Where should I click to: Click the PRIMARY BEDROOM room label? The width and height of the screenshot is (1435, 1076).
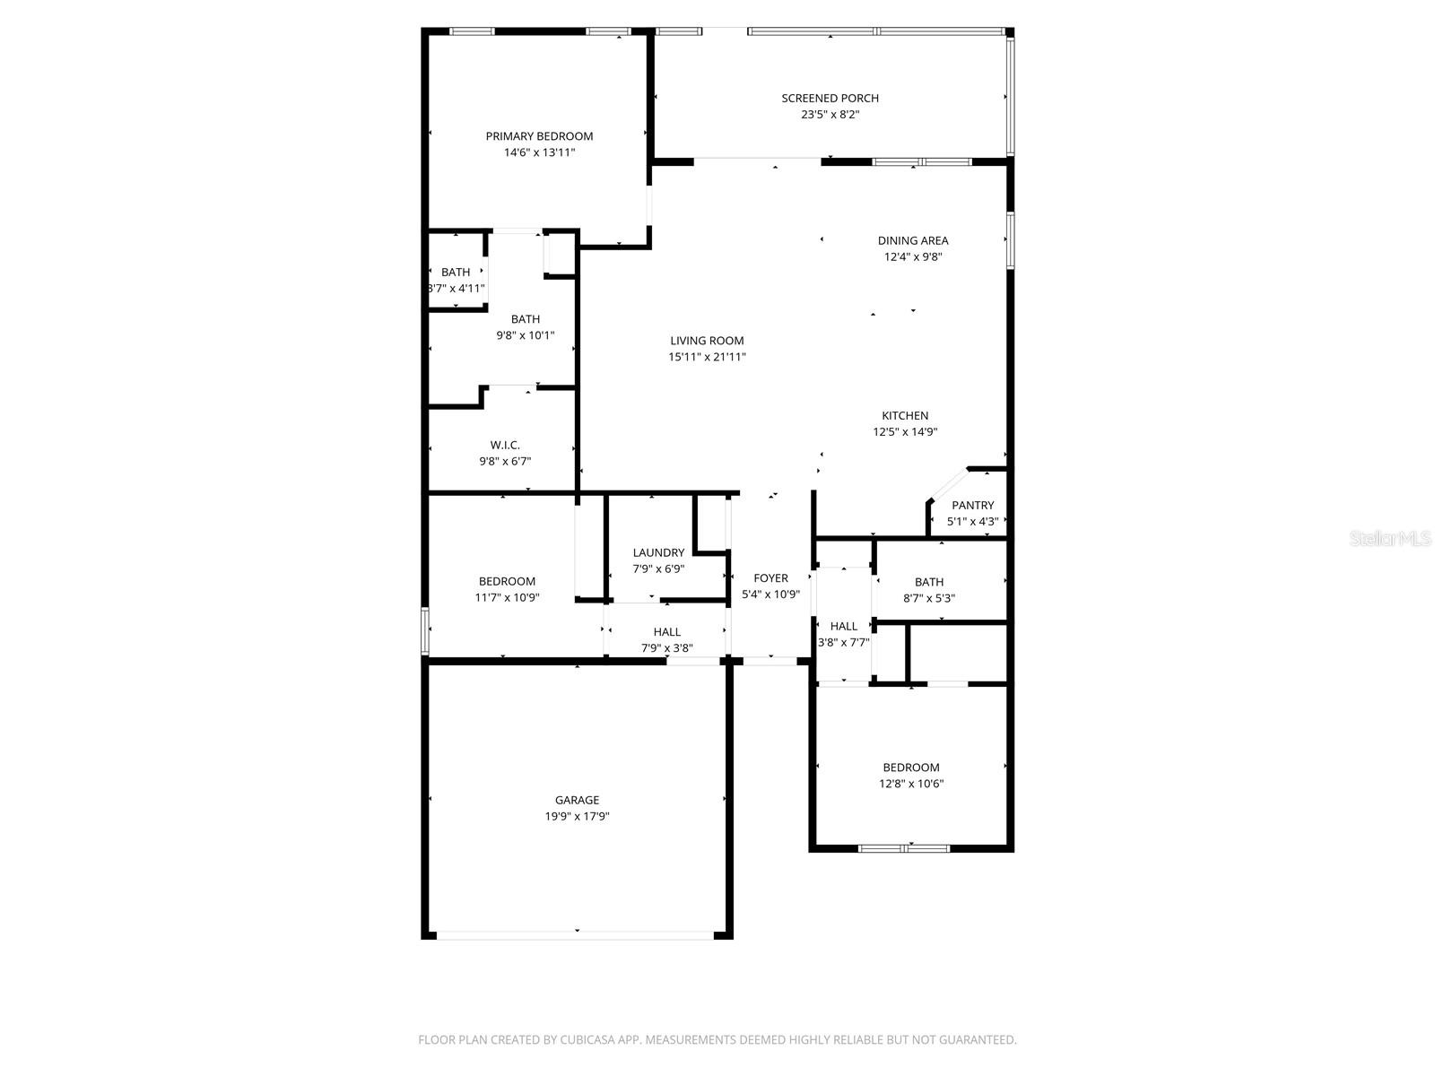point(539,136)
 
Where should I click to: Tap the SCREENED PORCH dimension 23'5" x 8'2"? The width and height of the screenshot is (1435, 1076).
point(830,115)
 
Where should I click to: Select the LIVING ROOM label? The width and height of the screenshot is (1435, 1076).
point(707,341)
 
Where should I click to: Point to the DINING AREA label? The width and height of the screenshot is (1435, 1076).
point(912,240)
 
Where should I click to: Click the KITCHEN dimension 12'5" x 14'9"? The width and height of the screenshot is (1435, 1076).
point(905,432)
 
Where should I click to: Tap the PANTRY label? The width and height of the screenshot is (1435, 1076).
point(972,506)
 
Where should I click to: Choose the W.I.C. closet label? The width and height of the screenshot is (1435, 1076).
point(505,446)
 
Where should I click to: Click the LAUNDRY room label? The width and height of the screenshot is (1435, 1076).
point(658,553)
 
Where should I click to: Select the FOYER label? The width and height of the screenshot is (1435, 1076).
point(770,578)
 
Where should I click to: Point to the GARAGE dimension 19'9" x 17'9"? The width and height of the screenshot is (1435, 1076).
point(577,817)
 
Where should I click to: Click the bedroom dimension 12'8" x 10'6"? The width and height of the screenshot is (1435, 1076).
point(911,784)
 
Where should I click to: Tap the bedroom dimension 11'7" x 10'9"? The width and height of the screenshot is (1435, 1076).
point(507,597)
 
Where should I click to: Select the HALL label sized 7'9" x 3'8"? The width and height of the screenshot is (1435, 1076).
point(666,632)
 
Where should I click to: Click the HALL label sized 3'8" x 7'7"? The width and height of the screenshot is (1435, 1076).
point(843,627)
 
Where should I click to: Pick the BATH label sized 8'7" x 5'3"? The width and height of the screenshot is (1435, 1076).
point(929,583)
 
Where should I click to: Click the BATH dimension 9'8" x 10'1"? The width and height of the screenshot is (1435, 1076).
point(526,336)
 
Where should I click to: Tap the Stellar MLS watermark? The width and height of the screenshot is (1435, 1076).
point(1390,538)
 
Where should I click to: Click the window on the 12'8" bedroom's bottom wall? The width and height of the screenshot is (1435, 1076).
point(903,847)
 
